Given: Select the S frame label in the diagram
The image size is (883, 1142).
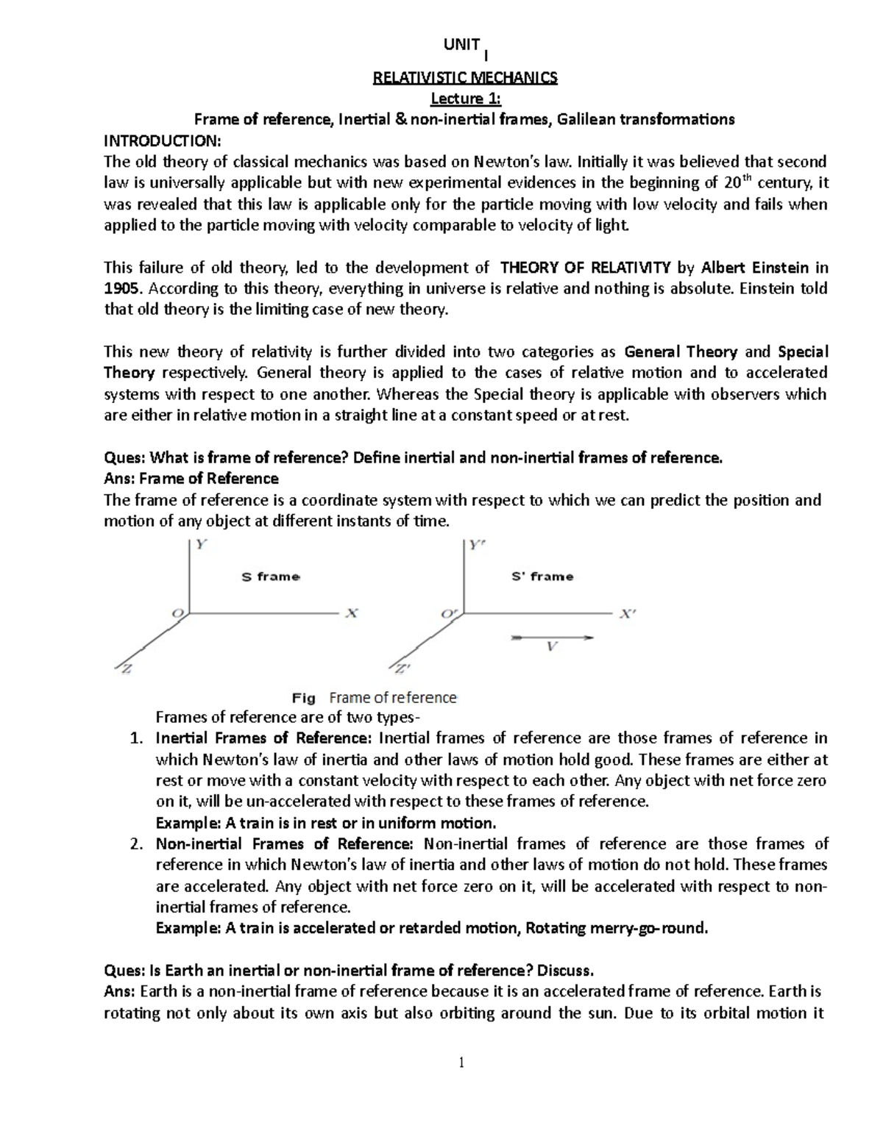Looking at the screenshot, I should [271, 577].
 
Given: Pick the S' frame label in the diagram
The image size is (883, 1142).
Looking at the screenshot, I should [542, 577].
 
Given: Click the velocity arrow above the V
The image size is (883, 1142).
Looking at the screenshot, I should [552, 637].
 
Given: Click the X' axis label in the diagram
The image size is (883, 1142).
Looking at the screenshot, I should [626, 615].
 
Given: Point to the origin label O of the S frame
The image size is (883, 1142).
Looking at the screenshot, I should [177, 613].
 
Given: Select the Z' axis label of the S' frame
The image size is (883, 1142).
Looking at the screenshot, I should [401, 669].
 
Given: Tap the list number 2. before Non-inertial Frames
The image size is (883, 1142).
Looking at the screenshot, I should [136, 844].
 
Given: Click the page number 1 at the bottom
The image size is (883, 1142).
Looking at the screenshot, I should [461, 1062].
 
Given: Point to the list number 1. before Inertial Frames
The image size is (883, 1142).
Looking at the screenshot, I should [136, 738].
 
